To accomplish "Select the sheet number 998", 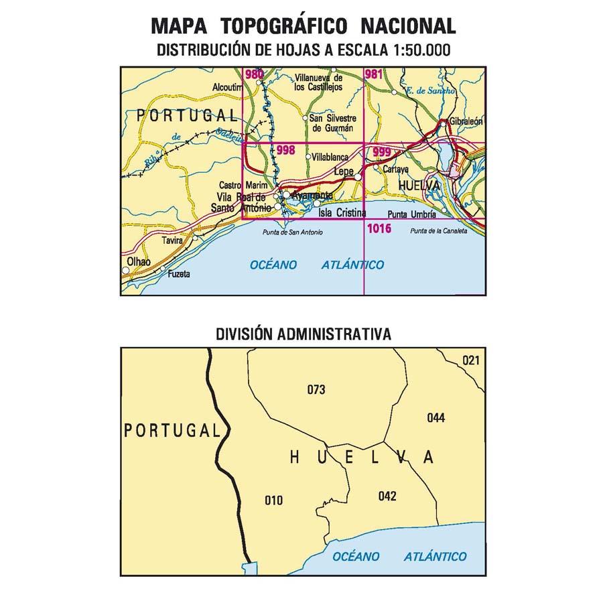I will (285, 151).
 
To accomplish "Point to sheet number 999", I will (382, 152).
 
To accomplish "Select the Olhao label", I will (138, 261).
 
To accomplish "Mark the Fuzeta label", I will (179, 273).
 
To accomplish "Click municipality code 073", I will (316, 389).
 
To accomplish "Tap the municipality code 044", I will (435, 418).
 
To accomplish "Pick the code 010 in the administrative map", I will (273, 500).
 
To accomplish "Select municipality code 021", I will (471, 361).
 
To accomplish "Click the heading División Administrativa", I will (304, 333).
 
